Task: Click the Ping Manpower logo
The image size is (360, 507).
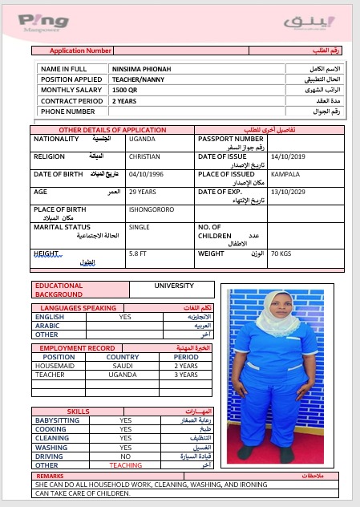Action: click(x=43, y=22)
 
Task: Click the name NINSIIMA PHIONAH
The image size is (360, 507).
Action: click(x=140, y=70)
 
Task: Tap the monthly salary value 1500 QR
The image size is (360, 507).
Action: click(x=125, y=91)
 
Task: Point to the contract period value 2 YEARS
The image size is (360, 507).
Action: click(x=124, y=101)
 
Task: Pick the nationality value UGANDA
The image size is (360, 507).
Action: click(x=142, y=139)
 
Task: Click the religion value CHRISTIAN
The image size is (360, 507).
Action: click(x=145, y=157)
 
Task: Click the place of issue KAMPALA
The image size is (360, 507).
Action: click(x=285, y=175)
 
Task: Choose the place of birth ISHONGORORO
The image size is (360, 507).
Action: click(x=152, y=210)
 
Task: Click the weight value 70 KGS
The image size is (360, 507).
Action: click(x=281, y=254)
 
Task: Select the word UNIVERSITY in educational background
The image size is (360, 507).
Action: click(x=174, y=286)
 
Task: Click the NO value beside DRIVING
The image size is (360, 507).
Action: click(x=125, y=456)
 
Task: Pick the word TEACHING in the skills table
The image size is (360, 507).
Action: click(x=125, y=465)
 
